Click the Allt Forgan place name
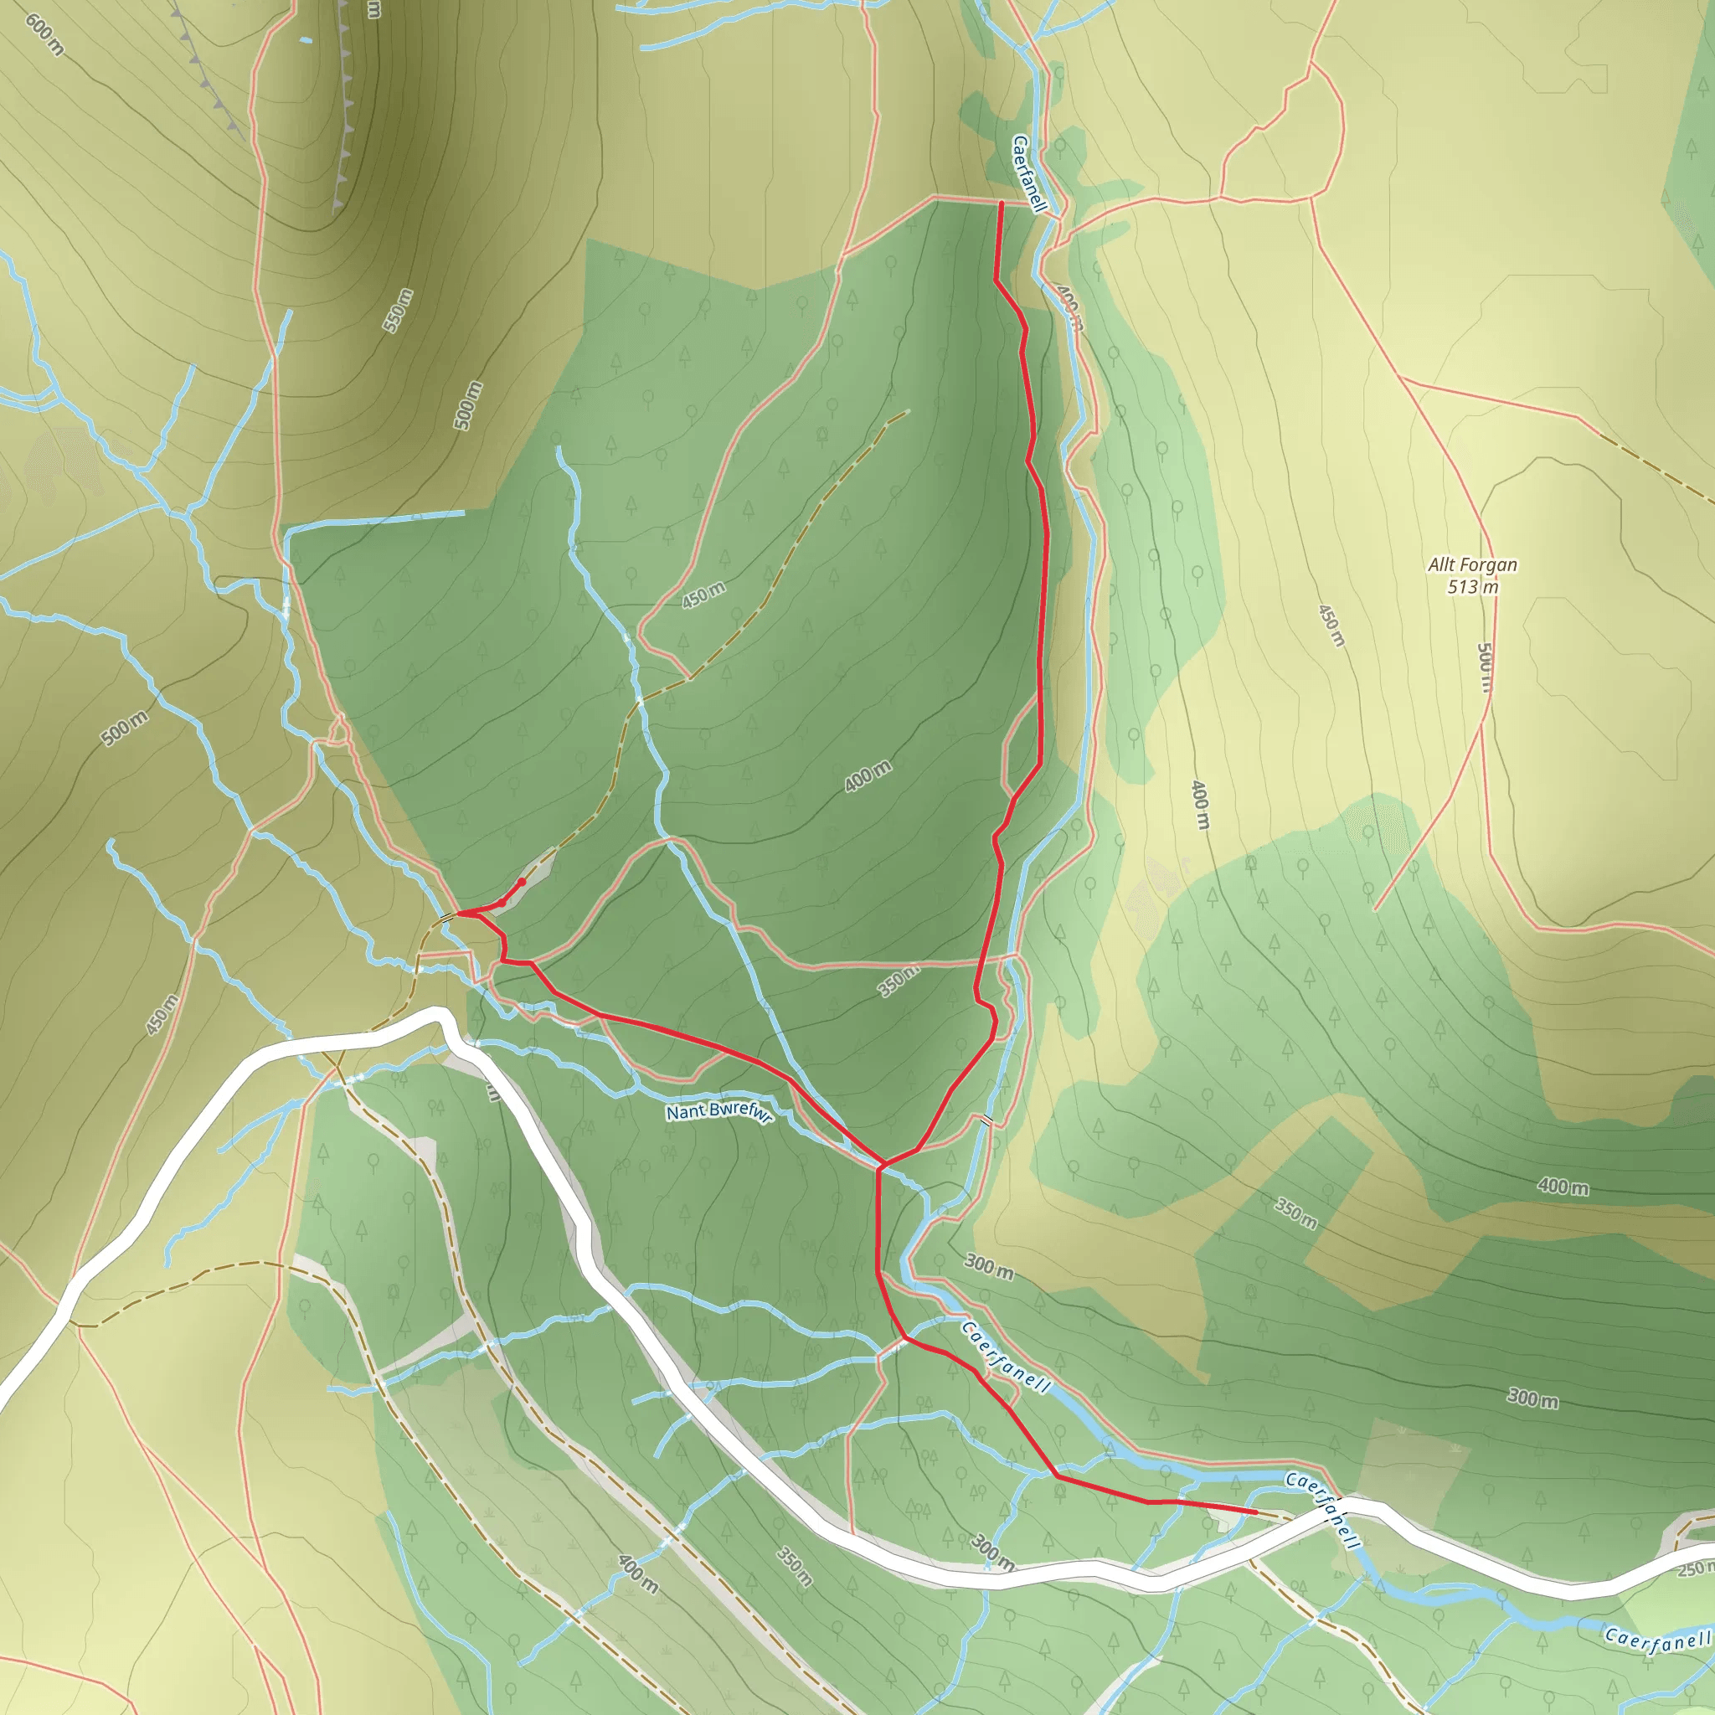point(1473,564)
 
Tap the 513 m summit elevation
point(1473,587)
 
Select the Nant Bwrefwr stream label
point(719,1112)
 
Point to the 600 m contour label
point(44,34)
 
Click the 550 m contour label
point(399,311)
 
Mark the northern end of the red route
point(1002,204)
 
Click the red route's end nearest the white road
point(1255,1511)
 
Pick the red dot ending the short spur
point(522,882)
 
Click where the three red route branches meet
point(881,1164)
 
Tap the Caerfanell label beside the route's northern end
point(1030,173)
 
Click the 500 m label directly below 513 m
point(1485,667)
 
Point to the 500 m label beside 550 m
point(469,405)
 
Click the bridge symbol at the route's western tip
point(446,916)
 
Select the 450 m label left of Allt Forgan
point(1331,625)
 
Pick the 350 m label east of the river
point(1295,1213)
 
